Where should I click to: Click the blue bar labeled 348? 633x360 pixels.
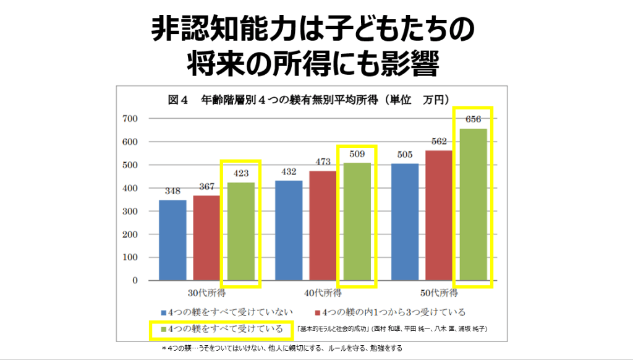(172, 240)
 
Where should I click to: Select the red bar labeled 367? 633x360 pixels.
(206, 238)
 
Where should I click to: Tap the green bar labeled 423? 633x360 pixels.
(240, 231)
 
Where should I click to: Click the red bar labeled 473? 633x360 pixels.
(323, 226)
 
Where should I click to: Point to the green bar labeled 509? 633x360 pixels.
(357, 221)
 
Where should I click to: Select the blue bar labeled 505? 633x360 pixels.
(405, 222)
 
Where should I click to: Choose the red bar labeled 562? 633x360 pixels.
(439, 215)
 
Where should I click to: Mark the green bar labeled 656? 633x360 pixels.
(473, 205)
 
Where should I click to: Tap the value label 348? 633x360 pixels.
(172, 191)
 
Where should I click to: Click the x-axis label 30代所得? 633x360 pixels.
(206, 293)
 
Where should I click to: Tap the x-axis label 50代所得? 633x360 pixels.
(439, 293)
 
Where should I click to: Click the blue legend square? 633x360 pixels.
(163, 312)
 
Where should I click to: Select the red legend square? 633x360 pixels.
(318, 312)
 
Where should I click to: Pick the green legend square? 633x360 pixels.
(163, 329)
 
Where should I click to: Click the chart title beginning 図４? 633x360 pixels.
(308, 99)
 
